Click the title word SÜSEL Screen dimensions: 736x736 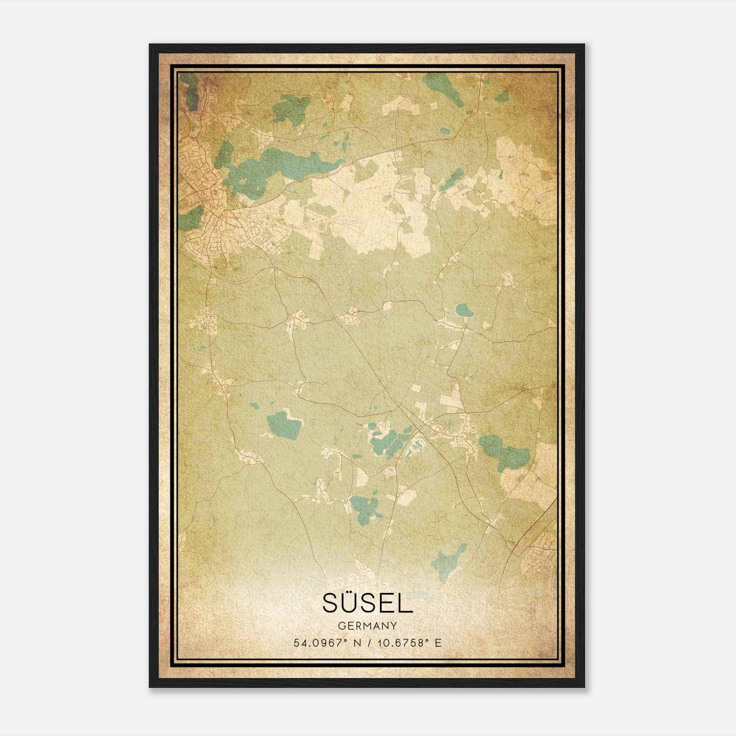pos(368,603)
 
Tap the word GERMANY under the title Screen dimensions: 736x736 pos(368,626)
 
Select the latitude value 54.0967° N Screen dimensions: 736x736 pos(325,643)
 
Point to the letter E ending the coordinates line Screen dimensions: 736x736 pos(438,643)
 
